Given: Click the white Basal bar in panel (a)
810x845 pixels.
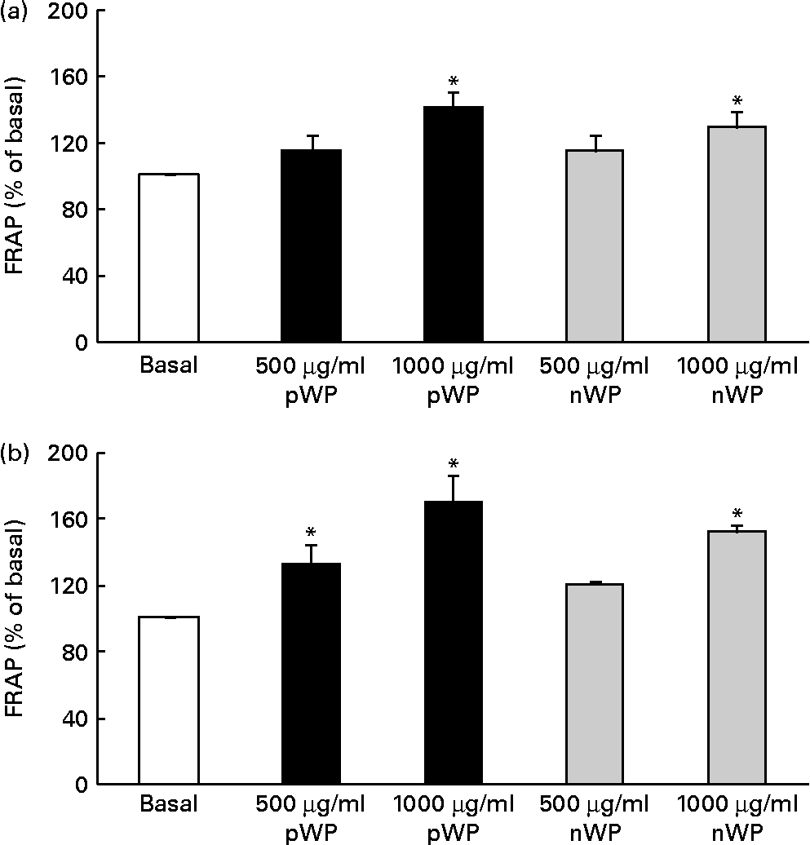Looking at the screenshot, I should tap(169, 258).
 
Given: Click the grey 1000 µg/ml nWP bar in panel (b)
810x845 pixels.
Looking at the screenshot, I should tap(737, 657).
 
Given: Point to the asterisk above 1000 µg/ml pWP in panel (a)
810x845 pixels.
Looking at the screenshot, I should tap(454, 82).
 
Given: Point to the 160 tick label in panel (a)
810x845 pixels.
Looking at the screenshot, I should tap(71, 77).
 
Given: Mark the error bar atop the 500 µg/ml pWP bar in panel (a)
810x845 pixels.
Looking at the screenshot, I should tap(311, 141).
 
